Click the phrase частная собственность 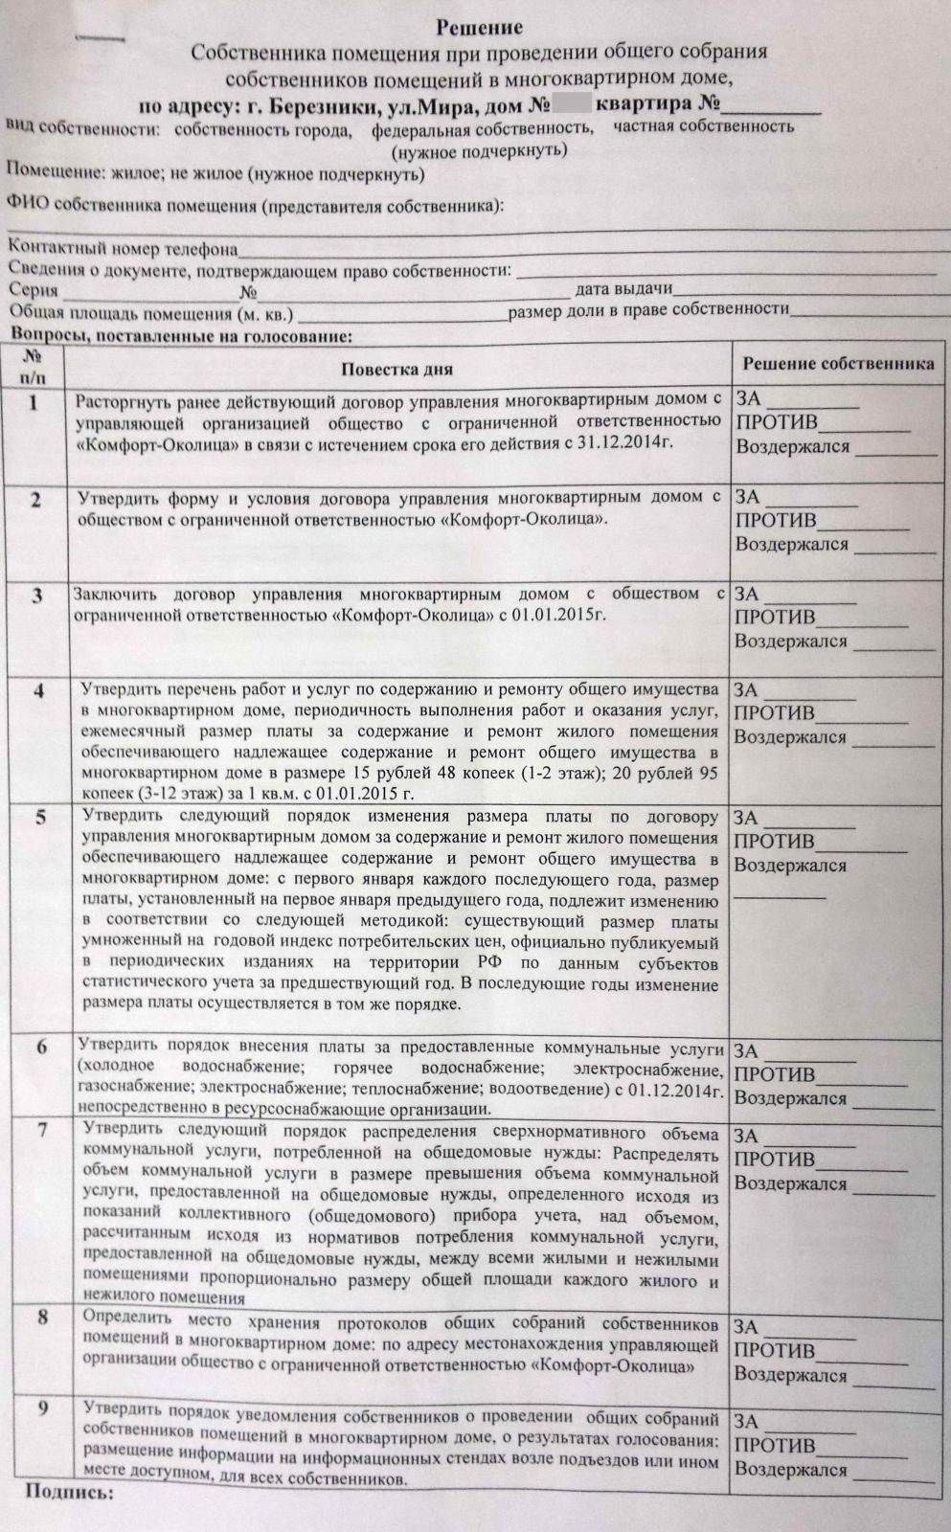704,125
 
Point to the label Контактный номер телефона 123,250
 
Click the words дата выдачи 623,288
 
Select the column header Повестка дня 396,370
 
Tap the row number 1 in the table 34,403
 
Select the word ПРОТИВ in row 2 776,520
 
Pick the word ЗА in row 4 746,689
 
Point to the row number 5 39,819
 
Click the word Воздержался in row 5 790,866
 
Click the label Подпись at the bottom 69,1492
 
